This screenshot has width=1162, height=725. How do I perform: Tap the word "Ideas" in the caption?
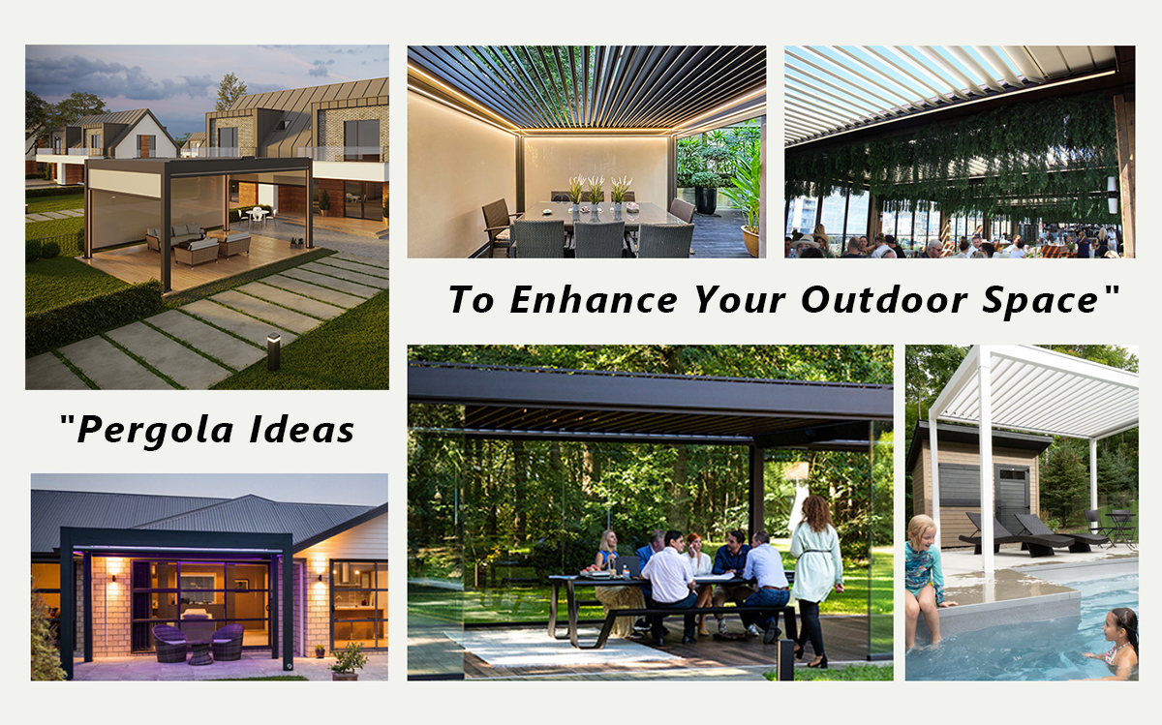(302, 430)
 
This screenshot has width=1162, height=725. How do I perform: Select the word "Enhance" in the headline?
(594, 299)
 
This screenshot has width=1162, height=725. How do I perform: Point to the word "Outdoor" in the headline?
(884, 299)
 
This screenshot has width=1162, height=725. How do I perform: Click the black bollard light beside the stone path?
(273, 351)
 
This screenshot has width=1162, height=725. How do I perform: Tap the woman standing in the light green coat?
(816, 581)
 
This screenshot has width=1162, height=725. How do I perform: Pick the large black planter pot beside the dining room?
(706, 199)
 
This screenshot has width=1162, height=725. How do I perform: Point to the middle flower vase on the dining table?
(595, 199)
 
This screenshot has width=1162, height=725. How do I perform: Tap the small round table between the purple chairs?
(199, 652)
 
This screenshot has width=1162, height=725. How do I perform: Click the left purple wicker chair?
(170, 642)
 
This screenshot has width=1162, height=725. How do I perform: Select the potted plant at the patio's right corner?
(347, 661)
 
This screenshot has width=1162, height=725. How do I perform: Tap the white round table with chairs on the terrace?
(258, 215)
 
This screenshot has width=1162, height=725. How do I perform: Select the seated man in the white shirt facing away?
(668, 586)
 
